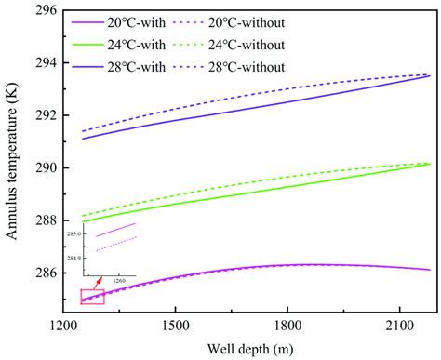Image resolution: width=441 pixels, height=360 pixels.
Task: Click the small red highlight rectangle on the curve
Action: click(92, 297)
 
